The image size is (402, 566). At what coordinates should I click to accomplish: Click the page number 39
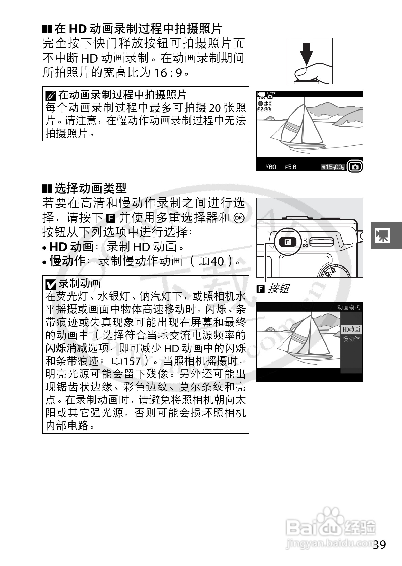(x=380, y=544)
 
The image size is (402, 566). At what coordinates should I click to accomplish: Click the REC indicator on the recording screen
(x=265, y=104)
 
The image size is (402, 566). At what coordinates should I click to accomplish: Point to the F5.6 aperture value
(x=291, y=167)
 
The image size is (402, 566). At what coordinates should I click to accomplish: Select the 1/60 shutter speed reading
(x=270, y=167)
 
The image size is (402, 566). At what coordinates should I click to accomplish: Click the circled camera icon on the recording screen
(x=355, y=167)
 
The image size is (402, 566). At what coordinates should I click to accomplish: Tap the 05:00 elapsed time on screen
(x=264, y=109)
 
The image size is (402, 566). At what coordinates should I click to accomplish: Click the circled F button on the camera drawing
(x=287, y=242)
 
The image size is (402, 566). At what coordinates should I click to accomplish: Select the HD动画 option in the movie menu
(x=351, y=329)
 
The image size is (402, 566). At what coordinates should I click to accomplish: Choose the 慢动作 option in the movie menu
(x=351, y=339)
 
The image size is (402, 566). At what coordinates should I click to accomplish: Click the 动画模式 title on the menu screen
(x=348, y=307)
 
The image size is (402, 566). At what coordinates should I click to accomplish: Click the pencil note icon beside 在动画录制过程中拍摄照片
(x=50, y=96)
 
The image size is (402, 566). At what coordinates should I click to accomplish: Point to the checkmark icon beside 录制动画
(x=51, y=285)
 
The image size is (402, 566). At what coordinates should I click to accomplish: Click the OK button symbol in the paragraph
(x=239, y=218)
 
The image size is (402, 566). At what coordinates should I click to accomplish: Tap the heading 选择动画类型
(x=90, y=188)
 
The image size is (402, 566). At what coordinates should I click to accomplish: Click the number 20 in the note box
(x=215, y=108)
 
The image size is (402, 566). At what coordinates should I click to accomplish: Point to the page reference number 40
(x=217, y=261)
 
